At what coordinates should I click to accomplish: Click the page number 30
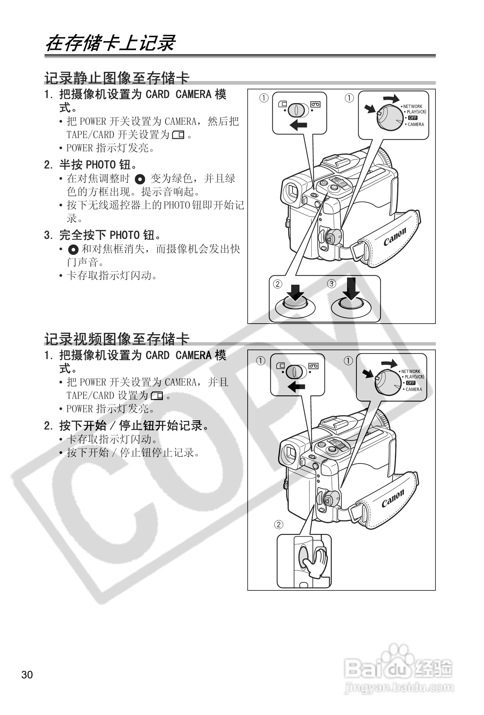27,674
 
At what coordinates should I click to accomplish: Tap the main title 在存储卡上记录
110,44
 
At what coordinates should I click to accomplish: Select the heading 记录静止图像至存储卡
117,78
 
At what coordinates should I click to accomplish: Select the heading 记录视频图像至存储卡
117,339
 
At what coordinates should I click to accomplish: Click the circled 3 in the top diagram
331,283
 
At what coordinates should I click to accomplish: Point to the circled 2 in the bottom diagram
278,525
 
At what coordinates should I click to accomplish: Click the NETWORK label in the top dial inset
413,106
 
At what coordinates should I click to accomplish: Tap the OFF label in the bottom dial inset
411,383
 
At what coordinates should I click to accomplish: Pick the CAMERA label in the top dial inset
416,124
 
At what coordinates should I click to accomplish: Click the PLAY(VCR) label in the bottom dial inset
414,377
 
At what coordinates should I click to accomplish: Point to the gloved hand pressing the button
316,562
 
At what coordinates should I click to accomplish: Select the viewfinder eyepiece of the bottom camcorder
289,453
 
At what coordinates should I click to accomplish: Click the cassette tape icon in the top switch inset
315,105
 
